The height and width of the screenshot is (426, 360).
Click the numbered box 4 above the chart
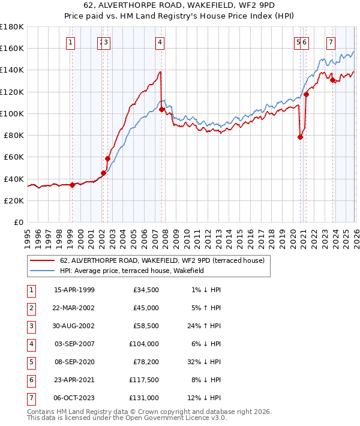click(160, 42)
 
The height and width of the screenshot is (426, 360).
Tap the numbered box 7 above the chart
click(331, 42)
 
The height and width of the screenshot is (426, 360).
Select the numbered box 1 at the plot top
click(71, 42)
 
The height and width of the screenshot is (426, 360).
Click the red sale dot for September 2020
click(301, 137)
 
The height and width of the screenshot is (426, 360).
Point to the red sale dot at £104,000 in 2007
click(162, 109)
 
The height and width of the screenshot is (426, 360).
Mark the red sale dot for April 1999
click(72, 185)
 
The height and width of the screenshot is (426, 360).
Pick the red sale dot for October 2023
click(332, 80)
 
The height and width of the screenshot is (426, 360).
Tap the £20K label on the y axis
click(14, 200)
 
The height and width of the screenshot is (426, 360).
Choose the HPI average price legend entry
click(132, 271)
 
